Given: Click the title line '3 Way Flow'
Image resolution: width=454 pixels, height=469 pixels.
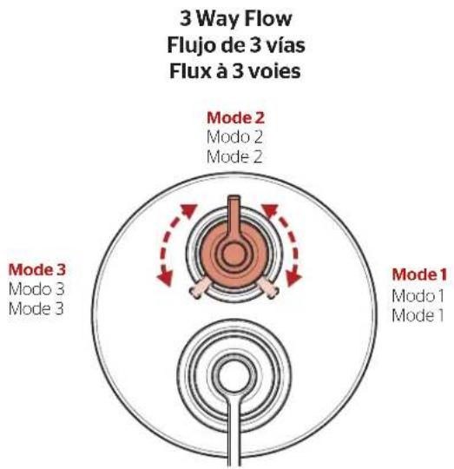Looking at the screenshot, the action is [235, 18].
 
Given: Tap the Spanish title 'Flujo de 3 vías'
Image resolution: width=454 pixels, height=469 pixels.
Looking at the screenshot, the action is [236, 45].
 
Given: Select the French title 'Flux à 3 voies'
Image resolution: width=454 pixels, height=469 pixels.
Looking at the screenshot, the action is [235, 71].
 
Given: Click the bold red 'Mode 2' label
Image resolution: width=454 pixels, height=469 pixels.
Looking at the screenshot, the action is [235, 118].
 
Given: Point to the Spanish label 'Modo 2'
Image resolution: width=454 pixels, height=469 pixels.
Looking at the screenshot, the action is [234, 137].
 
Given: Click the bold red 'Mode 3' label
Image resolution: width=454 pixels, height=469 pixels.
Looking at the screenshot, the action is [37, 270].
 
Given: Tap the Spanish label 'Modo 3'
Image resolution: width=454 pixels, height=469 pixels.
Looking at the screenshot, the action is [36, 289].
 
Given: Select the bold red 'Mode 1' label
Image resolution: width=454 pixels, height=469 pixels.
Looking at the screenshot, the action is [419, 274].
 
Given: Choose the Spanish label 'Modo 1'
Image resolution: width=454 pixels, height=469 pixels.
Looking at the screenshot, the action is [418, 296].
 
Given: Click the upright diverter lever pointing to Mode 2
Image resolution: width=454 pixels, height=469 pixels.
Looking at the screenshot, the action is [234, 215].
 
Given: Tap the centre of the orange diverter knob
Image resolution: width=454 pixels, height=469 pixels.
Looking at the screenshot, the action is [234, 254].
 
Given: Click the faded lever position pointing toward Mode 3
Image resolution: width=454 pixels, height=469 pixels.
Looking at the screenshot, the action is [199, 287].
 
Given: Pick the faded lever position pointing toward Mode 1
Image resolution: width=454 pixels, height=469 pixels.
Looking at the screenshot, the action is [269, 287].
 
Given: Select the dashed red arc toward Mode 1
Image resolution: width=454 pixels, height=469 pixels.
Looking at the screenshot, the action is [294, 240].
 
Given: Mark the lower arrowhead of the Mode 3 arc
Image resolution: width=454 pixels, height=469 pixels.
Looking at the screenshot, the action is [165, 278].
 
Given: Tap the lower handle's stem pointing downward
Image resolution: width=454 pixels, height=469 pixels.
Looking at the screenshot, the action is [234, 431].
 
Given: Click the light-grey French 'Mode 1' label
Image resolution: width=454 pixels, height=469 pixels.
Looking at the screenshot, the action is [418, 316].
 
